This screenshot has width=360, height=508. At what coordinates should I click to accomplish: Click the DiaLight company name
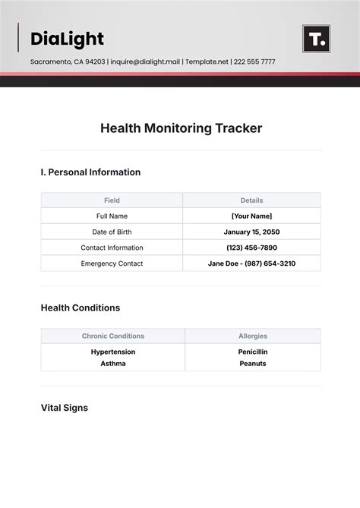67,39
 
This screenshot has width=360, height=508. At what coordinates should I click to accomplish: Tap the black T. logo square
316,39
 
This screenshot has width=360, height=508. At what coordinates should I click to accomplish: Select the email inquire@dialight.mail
147,62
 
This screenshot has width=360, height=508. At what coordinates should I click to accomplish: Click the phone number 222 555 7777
253,62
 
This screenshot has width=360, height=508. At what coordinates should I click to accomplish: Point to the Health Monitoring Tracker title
181,128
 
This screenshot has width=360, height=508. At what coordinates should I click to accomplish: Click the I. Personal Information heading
90,172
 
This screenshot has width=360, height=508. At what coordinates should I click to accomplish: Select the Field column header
112,200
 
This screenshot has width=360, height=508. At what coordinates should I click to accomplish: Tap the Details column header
251,200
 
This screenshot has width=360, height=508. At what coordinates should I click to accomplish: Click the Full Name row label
112,216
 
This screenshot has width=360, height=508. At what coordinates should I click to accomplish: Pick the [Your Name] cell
251,216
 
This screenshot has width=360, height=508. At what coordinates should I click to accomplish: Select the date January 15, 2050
251,232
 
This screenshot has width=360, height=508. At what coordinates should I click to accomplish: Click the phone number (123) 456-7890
251,248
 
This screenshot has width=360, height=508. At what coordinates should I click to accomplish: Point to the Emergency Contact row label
112,263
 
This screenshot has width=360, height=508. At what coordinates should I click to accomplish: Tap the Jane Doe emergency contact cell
251,263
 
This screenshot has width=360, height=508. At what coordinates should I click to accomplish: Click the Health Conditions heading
80,308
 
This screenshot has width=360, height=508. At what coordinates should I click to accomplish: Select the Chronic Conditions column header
112,336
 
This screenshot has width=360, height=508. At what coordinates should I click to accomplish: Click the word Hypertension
112,352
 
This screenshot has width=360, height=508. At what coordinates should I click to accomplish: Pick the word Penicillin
252,352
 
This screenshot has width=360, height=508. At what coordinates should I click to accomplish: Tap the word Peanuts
252,364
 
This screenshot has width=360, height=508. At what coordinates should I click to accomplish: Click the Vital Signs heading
64,408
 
